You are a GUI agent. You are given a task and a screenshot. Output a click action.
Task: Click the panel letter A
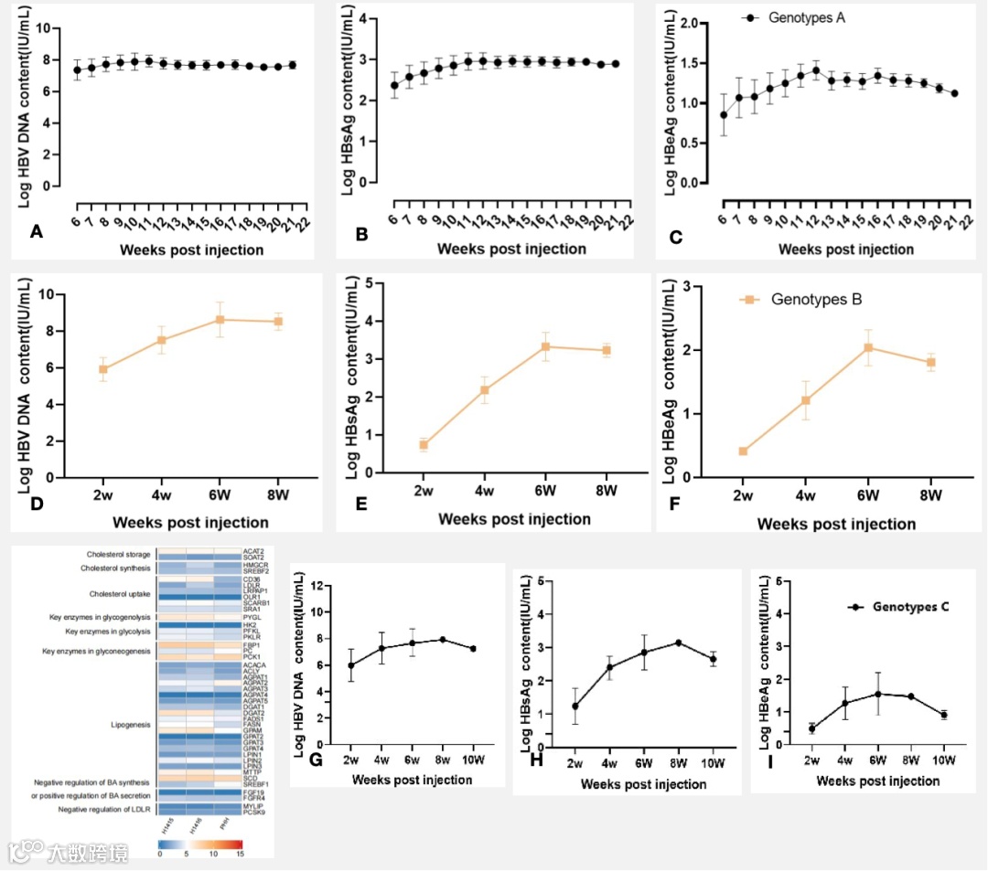point(37,233)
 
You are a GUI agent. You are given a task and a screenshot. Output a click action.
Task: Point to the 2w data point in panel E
point(424,445)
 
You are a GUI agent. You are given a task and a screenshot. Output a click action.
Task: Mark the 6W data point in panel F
point(868,347)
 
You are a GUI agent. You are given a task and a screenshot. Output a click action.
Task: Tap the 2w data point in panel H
point(575,706)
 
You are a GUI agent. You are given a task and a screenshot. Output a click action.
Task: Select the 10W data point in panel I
point(944,715)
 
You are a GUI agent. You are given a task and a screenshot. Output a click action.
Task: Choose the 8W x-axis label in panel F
point(930,495)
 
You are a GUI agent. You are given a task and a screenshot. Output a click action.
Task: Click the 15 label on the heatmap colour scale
point(241,854)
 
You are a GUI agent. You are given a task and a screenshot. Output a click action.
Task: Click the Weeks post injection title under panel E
point(513,519)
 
